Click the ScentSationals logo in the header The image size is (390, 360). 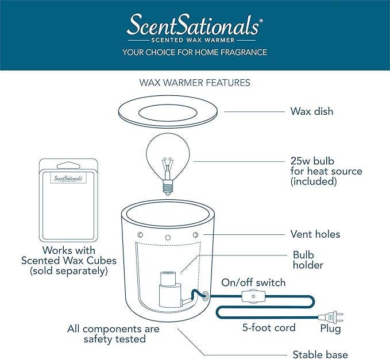[194, 26]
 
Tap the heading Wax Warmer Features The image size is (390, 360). [195, 82]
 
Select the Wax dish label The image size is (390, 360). [311, 111]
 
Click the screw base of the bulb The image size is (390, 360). [168, 184]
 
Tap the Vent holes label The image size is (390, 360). [315, 234]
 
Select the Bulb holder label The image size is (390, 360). [308, 260]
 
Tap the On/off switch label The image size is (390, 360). [253, 282]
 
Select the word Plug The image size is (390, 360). [330, 329]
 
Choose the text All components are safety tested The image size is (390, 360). [114, 334]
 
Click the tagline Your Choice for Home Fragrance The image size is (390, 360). [194, 52]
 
